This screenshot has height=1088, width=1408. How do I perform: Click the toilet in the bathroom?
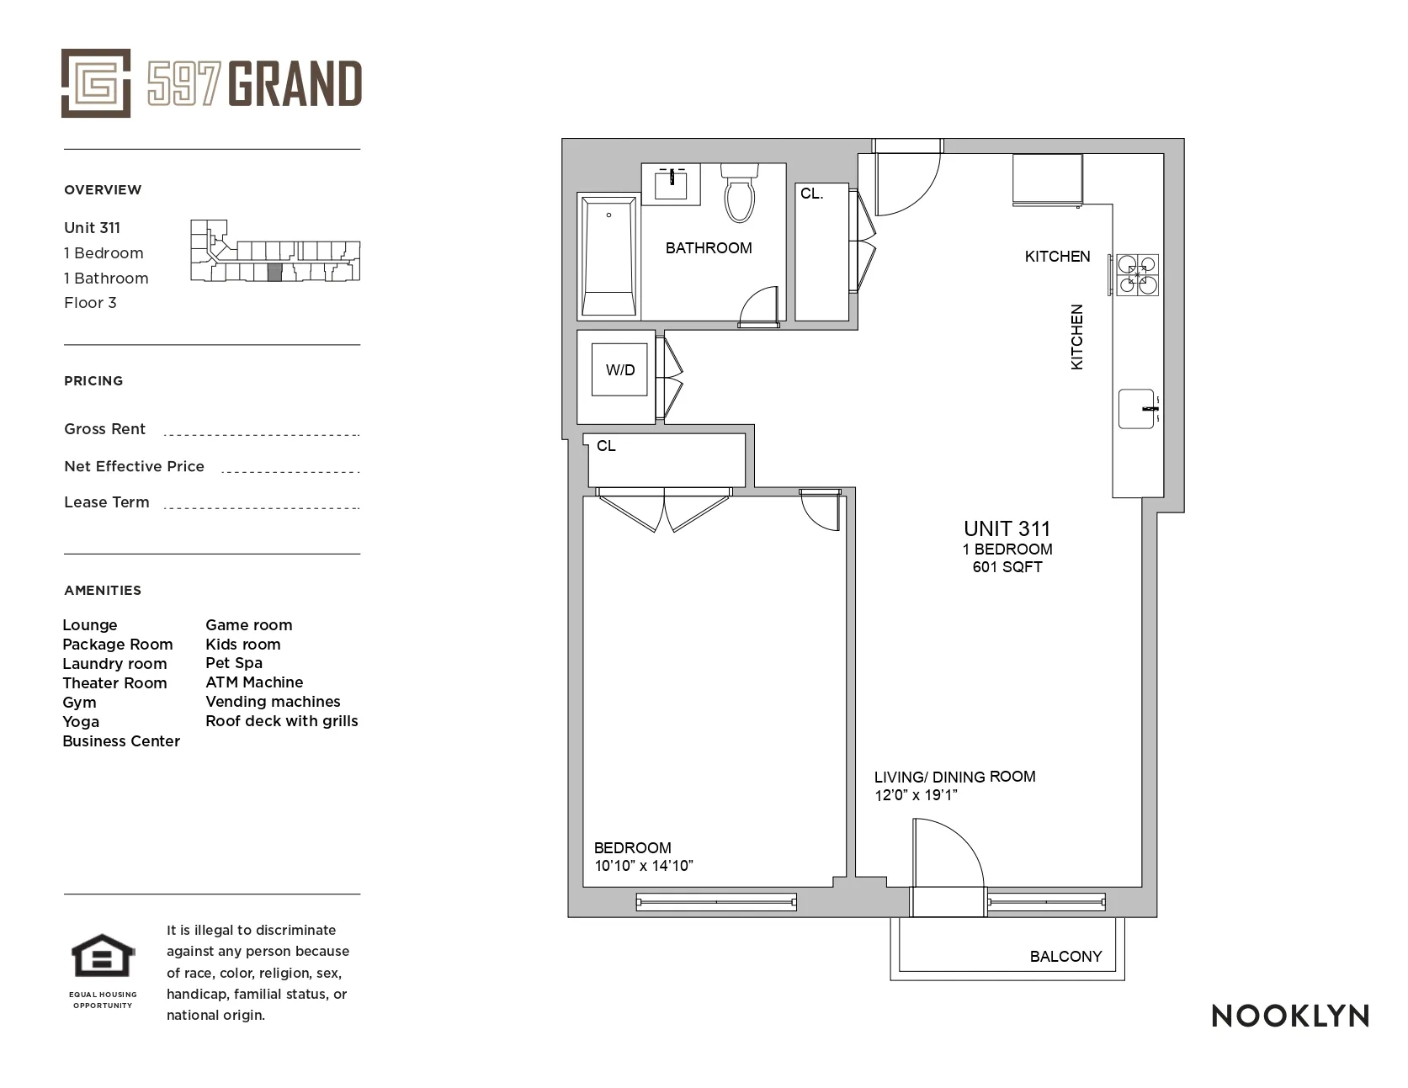click(x=740, y=195)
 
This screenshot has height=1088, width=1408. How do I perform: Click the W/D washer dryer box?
click(x=620, y=370)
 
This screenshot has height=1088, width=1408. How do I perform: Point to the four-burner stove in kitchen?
click(x=1138, y=275)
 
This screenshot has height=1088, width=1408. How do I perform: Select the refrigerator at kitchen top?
click(x=1047, y=179)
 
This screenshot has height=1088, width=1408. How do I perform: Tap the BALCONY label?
click(x=1065, y=957)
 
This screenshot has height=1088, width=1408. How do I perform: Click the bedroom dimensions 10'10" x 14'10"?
click(x=644, y=866)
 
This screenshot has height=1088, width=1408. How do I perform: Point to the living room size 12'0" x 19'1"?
click(x=917, y=795)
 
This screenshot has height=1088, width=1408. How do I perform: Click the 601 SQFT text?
click(x=1007, y=567)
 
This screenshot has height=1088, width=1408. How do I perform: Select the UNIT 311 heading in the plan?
click(x=1007, y=529)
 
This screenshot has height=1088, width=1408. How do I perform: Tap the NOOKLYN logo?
click(x=1289, y=1016)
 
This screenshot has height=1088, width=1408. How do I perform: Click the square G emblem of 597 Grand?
click(x=96, y=83)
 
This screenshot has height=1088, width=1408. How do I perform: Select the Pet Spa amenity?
click(x=234, y=663)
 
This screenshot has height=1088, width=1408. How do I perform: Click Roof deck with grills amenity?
click(x=282, y=721)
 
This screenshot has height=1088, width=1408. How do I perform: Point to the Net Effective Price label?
click(x=135, y=466)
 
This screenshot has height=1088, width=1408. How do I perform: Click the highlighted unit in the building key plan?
click(x=274, y=273)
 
